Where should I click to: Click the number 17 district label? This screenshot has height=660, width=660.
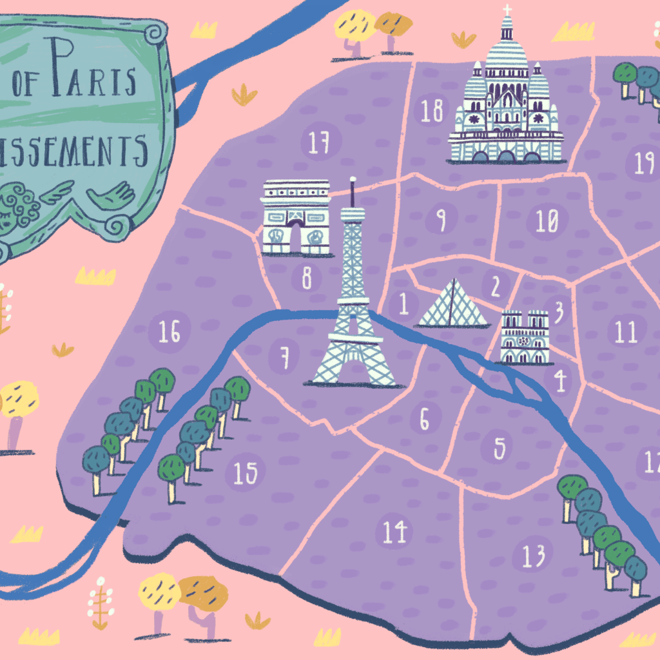click(x=319, y=142)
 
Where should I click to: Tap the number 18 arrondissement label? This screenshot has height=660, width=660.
click(x=432, y=110)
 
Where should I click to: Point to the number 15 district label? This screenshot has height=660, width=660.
click(x=245, y=474)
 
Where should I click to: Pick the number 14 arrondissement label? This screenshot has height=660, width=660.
click(x=394, y=532)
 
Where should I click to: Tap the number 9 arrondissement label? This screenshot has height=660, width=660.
click(x=441, y=221)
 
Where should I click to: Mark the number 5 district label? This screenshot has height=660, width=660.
click(x=500, y=449)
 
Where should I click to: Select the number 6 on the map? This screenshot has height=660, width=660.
click(x=425, y=420)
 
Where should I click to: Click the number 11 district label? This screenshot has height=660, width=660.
click(x=625, y=333)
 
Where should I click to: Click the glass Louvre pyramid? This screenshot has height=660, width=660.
click(x=454, y=305)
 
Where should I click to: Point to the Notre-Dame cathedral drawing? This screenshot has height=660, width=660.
click(x=525, y=337)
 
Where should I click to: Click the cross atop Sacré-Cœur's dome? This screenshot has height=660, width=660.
click(x=507, y=10)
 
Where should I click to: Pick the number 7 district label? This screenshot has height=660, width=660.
click(x=283, y=355)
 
